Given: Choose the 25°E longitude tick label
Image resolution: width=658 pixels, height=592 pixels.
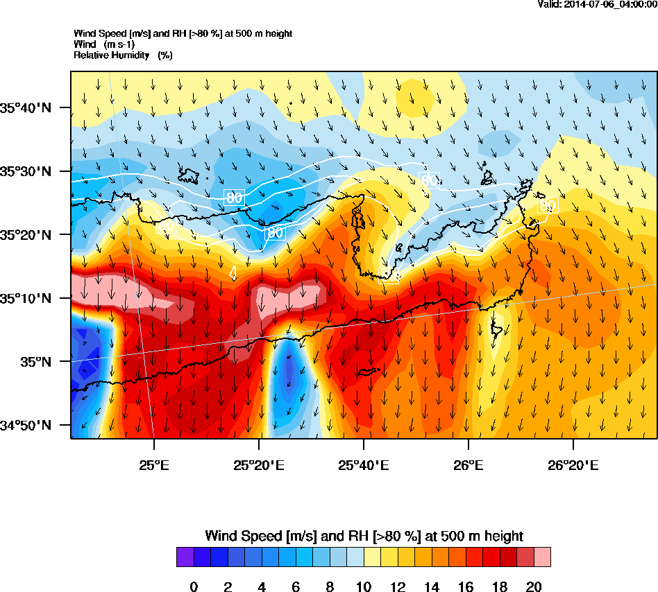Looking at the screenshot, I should click(x=153, y=463).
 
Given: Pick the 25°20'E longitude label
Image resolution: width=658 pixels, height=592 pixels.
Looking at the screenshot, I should click(x=258, y=463).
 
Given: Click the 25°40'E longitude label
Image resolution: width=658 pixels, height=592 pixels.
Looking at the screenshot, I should click(x=364, y=463).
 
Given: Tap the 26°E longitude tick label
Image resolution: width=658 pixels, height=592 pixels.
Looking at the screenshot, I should click(x=469, y=463).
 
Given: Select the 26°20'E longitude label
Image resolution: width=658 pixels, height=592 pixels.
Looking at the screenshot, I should click(x=573, y=463).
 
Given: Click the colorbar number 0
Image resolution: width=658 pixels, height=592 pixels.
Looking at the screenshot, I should click(x=194, y=587).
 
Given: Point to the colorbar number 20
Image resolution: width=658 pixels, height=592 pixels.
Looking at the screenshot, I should click(x=534, y=587).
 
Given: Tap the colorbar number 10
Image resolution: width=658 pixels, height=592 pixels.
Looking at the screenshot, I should click(x=364, y=587).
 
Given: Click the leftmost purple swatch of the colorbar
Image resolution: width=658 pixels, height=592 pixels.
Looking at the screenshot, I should click(x=185, y=557).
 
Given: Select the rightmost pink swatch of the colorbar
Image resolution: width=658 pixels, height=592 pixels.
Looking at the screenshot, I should click(x=542, y=557).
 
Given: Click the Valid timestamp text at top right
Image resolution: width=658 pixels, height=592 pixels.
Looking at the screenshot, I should click(x=598, y=4).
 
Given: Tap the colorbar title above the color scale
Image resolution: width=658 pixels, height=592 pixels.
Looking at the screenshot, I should click(x=364, y=536).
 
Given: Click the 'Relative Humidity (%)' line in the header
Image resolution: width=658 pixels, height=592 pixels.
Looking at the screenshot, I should click(x=123, y=54).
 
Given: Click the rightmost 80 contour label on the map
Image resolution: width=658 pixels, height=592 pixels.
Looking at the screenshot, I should click(x=548, y=205).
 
